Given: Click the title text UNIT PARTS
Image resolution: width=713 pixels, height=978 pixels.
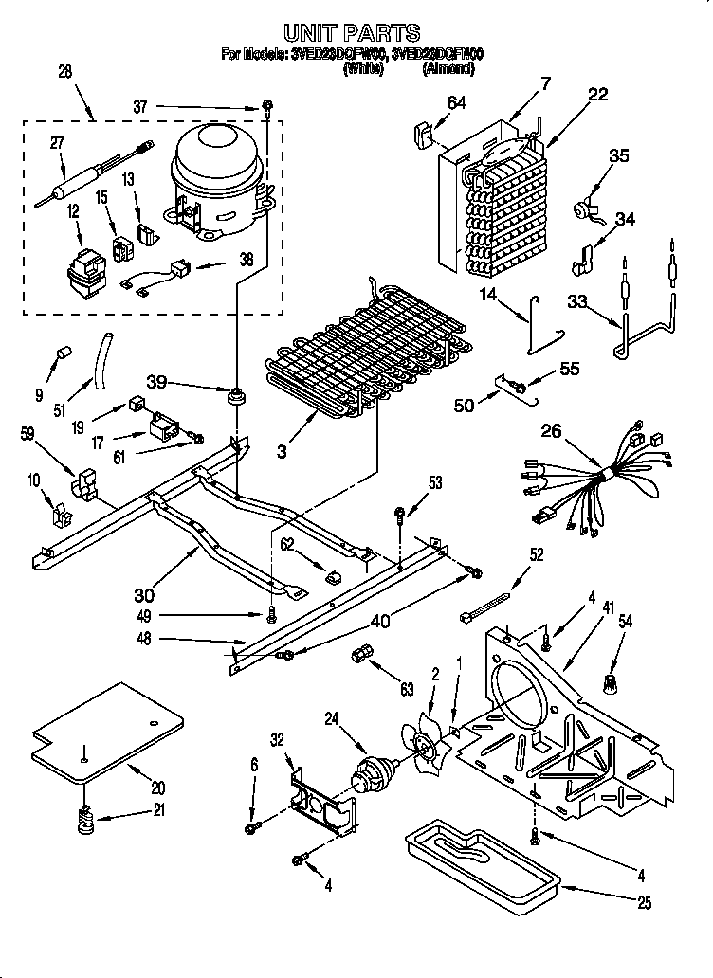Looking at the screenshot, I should (353, 35).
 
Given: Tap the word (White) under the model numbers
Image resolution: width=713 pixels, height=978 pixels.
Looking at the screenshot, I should (363, 69).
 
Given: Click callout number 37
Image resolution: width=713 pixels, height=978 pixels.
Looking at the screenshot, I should (140, 106).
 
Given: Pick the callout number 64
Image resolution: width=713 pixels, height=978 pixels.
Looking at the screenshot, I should (456, 104).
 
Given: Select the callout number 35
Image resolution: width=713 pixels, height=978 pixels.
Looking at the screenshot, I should (618, 156).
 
